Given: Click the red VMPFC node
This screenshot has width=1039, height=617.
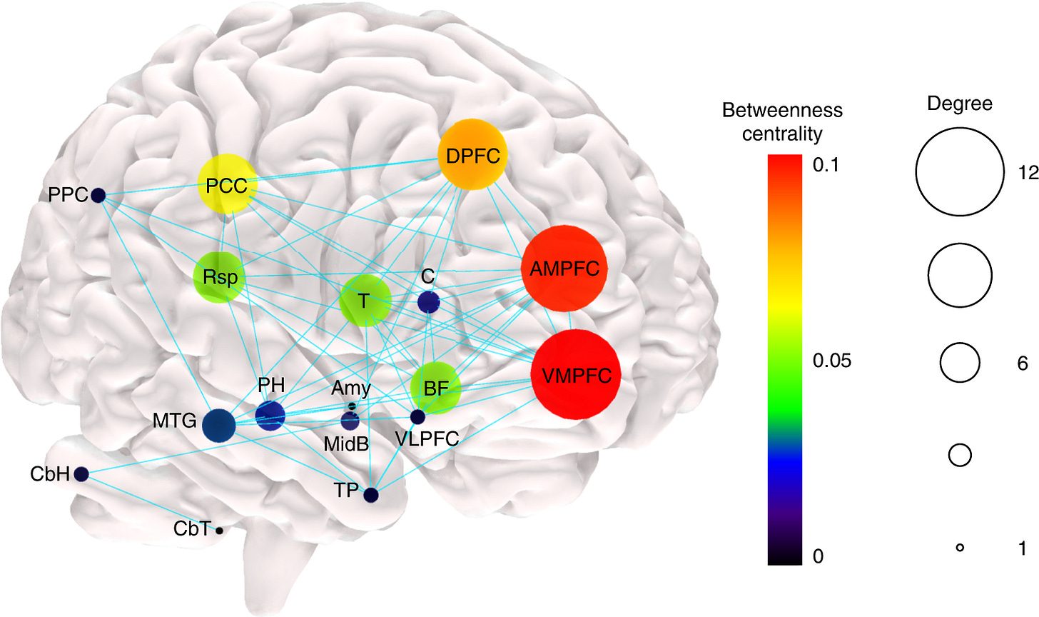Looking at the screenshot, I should click(577, 375).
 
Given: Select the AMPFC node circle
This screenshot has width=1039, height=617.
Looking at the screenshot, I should click(564, 269).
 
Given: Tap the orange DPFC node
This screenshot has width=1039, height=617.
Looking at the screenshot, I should click(473, 156).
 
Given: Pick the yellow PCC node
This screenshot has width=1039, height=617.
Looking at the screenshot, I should click(226, 186).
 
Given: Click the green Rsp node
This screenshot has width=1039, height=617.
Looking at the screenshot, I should click(220, 276).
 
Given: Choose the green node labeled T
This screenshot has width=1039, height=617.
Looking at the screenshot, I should click(365, 301).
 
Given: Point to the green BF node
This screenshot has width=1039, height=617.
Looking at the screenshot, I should click(435, 389).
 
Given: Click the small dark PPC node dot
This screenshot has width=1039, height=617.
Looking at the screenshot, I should click(98, 194).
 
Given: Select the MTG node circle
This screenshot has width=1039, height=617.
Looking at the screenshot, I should click(219, 425).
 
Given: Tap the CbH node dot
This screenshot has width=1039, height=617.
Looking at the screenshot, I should click(81, 473).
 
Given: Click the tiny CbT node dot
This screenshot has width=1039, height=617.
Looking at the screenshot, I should click(219, 530).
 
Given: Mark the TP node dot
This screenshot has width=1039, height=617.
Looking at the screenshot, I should click(370, 494).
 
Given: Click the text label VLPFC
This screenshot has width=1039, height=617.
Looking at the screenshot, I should click(427, 438).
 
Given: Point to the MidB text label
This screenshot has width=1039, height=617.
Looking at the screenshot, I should click(346, 444).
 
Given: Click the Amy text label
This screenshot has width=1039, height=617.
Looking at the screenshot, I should click(351, 388).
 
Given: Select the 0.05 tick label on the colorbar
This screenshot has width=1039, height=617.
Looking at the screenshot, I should click(831, 361).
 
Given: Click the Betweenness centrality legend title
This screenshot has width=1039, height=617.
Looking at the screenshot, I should click(782, 121).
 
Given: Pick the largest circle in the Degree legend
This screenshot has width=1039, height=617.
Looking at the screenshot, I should click(960, 172).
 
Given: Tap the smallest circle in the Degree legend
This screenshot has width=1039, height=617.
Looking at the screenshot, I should click(960, 548).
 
